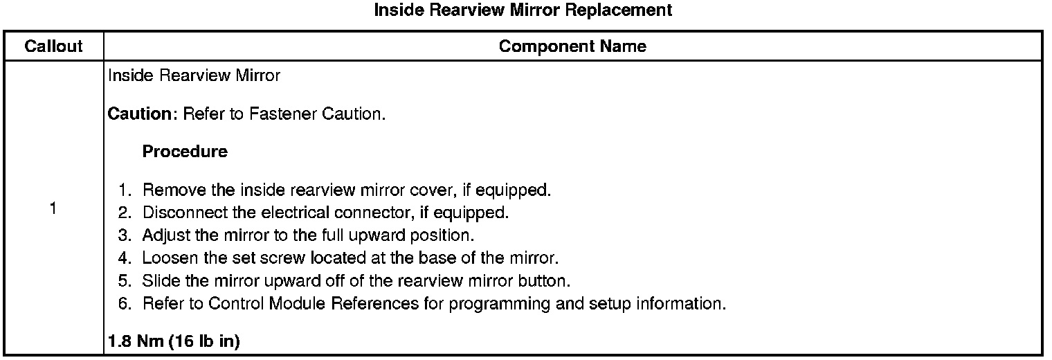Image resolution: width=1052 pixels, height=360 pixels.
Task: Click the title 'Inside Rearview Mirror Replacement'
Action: pyautogui.click(x=523, y=10)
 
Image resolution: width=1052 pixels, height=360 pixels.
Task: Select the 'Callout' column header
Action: pyautogui.click(x=53, y=46)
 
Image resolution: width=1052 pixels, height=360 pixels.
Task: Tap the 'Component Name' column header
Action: pyautogui.click(x=572, y=46)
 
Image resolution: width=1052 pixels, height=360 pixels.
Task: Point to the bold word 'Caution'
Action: pyautogui.click(x=143, y=114)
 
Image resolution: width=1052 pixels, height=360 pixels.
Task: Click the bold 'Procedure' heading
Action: pyautogui.click(x=185, y=152)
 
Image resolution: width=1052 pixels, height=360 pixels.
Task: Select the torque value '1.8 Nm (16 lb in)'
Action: pyautogui.click(x=174, y=341)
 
